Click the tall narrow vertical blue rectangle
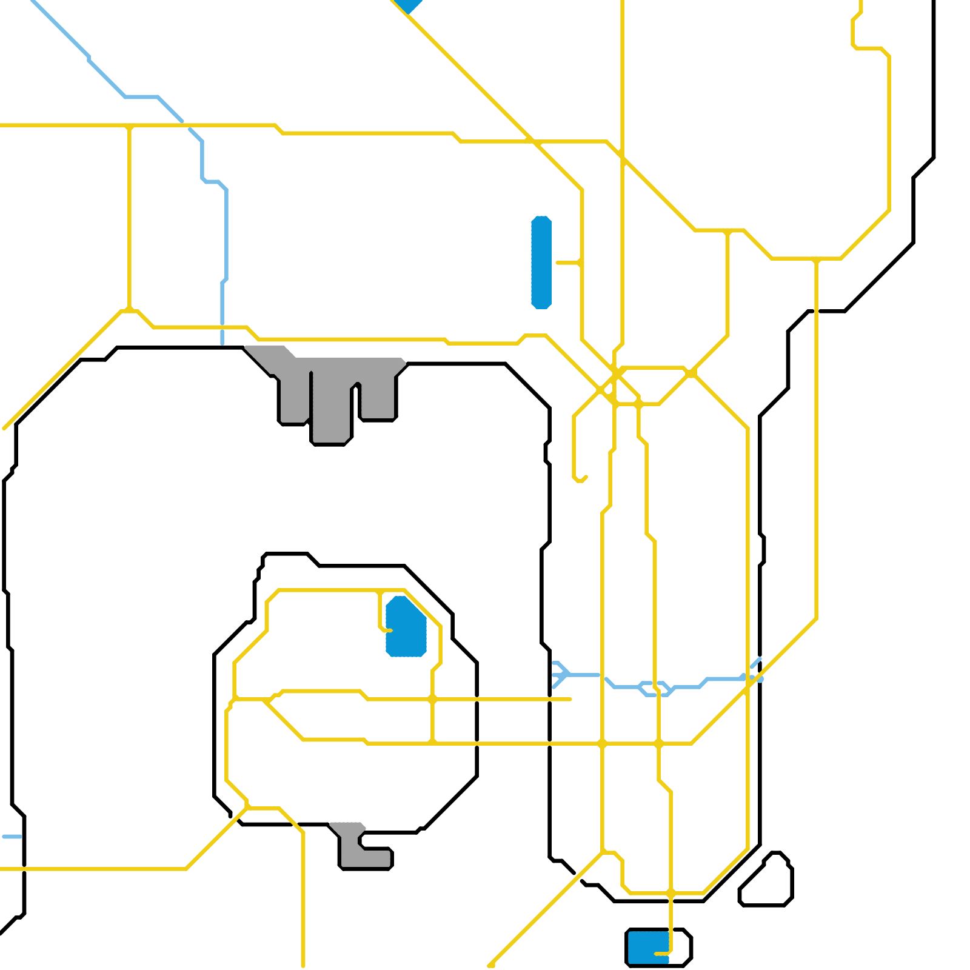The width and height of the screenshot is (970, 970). point(541,262)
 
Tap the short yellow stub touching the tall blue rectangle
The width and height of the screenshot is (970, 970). point(567,263)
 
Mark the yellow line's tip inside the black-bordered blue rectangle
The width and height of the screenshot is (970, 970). point(657,954)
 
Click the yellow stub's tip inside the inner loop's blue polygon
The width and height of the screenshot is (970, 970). point(390,630)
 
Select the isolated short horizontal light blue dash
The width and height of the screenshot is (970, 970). point(12,837)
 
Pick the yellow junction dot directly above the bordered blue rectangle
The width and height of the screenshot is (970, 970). point(671,894)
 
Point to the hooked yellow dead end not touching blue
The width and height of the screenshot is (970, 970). point(585,478)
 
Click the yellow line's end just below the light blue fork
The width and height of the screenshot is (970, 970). point(570,699)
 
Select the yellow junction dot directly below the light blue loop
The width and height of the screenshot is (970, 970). point(659,743)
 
